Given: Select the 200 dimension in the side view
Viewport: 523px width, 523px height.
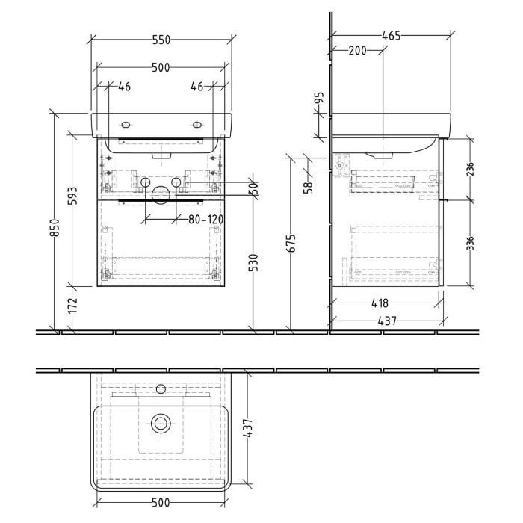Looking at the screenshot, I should coord(357,51).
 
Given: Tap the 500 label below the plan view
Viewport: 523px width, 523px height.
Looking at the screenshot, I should coord(161,502).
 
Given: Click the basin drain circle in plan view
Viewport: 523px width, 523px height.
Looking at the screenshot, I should coord(161,424).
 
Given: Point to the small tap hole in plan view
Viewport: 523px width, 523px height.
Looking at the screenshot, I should coord(160,389).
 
